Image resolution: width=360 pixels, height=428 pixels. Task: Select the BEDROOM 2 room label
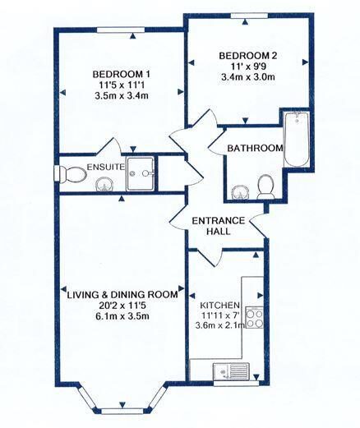point(247,55)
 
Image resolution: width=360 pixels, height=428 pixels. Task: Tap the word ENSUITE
point(104,167)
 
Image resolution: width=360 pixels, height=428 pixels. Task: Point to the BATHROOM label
point(256,148)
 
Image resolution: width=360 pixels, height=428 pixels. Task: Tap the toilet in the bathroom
point(265,187)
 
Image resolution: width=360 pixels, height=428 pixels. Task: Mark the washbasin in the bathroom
point(239,192)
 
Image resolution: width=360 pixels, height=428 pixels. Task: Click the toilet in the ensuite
point(72,174)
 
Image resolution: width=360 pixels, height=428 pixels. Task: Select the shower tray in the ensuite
point(145,173)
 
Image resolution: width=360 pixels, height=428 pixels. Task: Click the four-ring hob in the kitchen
point(254,316)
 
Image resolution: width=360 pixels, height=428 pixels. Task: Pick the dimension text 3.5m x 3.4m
point(125,96)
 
